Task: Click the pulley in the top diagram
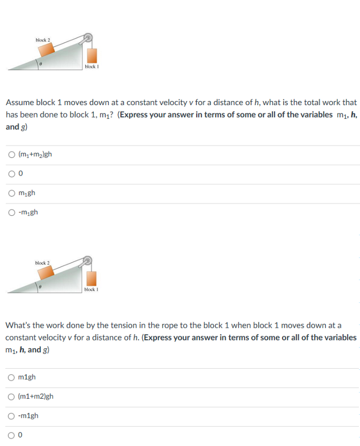[88, 39]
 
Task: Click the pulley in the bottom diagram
[88, 262]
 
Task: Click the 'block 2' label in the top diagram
[43, 39]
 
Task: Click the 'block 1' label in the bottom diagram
[92, 290]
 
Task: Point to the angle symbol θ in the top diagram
[41, 64]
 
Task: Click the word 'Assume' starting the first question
[20, 103]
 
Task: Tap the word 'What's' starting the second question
[20, 326]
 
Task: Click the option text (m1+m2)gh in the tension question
[36, 397]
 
